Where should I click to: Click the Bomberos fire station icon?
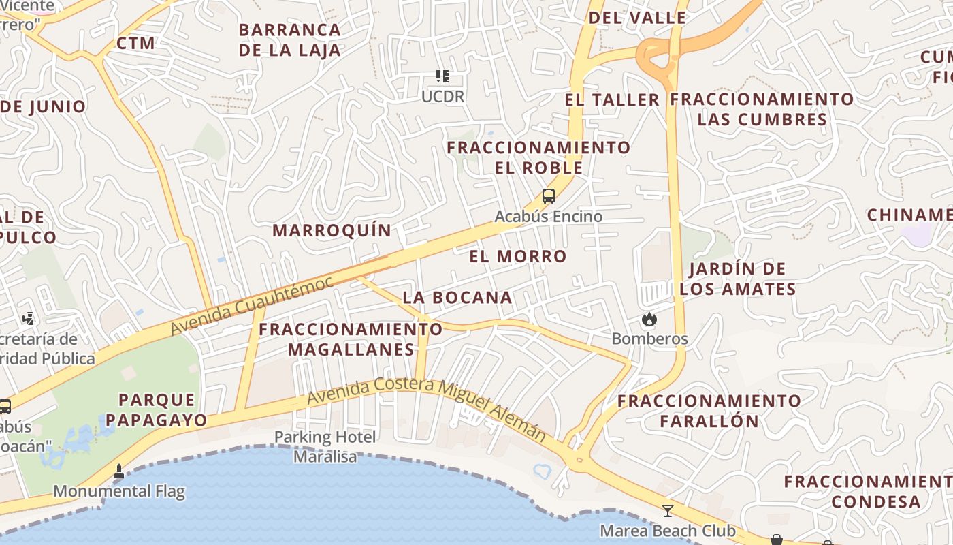[649, 319]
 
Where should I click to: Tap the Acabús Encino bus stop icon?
[548, 196]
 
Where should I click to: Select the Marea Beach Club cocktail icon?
[667, 510]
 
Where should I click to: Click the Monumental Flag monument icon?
[119, 471]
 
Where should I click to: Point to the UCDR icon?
[442, 76]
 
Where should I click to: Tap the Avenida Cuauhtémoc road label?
[251, 305]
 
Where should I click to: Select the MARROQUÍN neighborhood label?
[332, 230]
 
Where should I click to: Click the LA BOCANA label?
[457, 297]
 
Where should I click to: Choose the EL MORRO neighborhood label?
[518, 256]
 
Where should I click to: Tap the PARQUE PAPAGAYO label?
[157, 409]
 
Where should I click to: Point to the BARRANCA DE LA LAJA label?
[290, 40]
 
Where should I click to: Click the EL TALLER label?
[612, 100]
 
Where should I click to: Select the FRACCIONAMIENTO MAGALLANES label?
[351, 339]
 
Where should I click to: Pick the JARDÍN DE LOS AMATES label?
[738, 279]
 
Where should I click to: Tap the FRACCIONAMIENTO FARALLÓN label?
[709, 410]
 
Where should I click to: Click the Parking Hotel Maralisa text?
[325, 446]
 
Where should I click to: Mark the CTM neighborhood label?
[136, 43]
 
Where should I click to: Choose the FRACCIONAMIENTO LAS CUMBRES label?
[762, 109]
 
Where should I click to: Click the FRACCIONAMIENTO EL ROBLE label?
[538, 157]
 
